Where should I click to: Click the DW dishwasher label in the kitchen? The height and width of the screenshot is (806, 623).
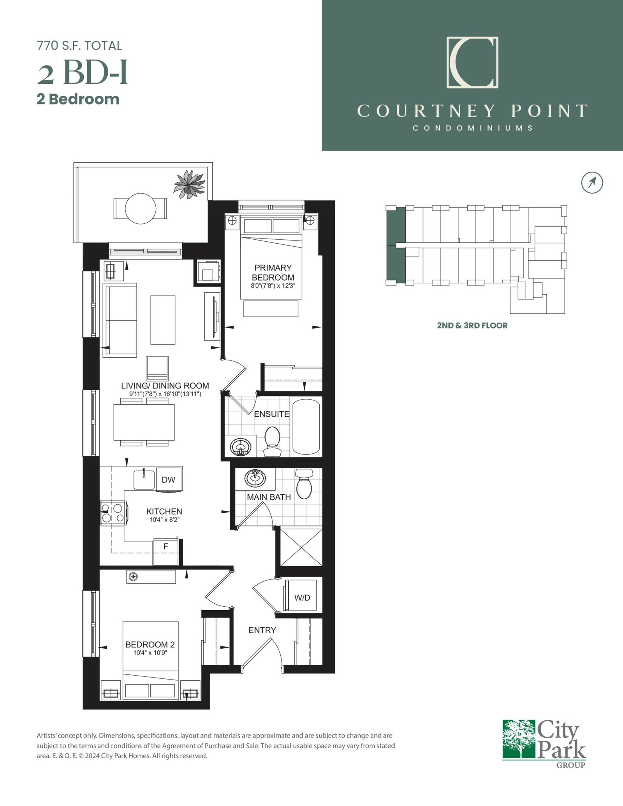point(169,479)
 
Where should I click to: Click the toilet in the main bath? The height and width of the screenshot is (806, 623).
point(304,484)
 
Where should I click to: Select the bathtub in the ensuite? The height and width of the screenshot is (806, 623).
point(306,427)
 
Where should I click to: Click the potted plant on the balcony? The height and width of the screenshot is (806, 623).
point(190,184)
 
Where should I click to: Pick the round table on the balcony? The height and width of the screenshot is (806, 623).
point(141,209)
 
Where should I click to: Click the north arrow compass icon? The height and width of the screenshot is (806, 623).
point(592,182)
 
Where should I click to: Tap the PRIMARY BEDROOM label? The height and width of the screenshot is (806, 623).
point(273,272)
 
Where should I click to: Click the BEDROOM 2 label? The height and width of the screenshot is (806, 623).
point(150,644)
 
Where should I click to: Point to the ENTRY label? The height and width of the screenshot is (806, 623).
point(262,630)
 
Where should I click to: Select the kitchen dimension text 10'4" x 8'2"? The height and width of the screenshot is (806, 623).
point(164,520)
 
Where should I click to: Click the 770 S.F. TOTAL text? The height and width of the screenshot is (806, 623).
point(79,46)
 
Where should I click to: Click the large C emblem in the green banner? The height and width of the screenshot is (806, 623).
point(472,62)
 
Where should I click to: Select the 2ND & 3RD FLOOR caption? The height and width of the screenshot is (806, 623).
point(472,325)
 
